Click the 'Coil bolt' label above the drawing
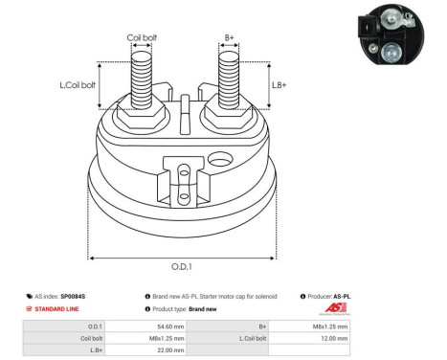click(x=143, y=38)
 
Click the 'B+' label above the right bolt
click(x=229, y=38)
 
